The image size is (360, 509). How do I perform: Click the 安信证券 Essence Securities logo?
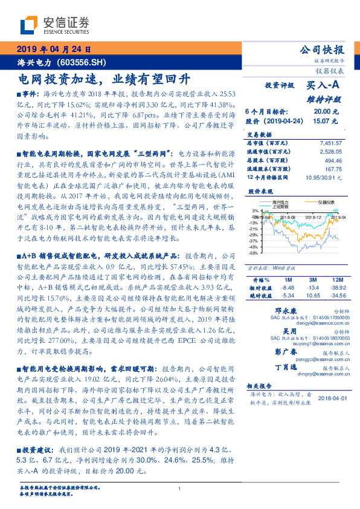tap(55, 25)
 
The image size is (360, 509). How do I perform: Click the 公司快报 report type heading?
tap(323, 50)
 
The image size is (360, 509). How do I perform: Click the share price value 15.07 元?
tap(322, 121)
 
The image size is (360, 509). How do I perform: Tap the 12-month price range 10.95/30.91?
tap(323, 178)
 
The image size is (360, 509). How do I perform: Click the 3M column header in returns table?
tap(312, 280)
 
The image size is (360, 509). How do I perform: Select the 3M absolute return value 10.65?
tap(312, 296)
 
